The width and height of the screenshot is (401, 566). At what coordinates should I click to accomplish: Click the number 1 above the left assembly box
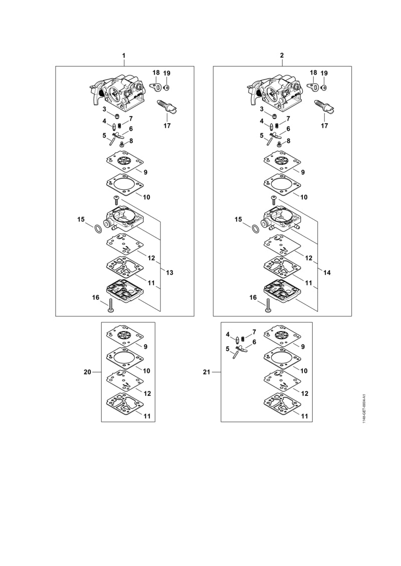[124, 56]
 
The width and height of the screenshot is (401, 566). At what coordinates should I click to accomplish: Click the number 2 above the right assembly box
[282, 56]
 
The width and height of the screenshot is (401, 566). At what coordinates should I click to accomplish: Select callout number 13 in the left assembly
[169, 273]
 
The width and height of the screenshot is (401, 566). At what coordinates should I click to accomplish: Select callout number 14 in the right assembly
[327, 273]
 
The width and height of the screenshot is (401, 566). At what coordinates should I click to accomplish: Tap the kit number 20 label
[88, 372]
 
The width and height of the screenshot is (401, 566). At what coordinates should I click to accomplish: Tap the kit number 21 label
[207, 372]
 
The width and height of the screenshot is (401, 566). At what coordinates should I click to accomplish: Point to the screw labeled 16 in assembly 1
[110, 305]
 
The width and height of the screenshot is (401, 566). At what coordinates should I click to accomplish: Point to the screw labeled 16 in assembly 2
[268, 305]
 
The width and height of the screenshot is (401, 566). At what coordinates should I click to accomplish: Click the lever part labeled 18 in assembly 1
[155, 87]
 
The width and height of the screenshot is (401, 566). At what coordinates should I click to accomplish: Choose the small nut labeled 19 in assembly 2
[324, 88]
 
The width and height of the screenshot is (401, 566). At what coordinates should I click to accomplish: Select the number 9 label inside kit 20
[145, 346]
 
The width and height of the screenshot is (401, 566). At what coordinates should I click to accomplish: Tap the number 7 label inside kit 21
[254, 332]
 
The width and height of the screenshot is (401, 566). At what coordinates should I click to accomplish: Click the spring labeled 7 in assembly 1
[120, 125]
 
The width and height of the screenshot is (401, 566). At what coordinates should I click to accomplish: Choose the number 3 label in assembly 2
[262, 109]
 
